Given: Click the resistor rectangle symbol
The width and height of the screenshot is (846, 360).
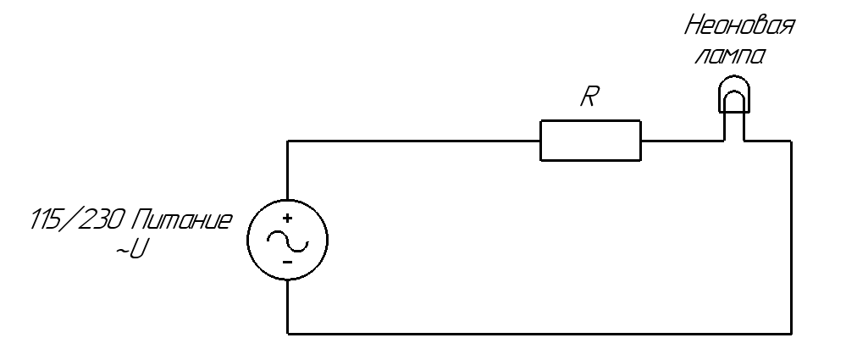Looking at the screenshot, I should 590,141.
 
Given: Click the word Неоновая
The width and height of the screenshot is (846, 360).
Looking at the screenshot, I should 739,28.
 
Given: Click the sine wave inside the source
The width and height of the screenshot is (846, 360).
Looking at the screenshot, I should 287,241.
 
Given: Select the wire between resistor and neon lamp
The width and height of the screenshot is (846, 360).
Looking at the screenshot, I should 683,141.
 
